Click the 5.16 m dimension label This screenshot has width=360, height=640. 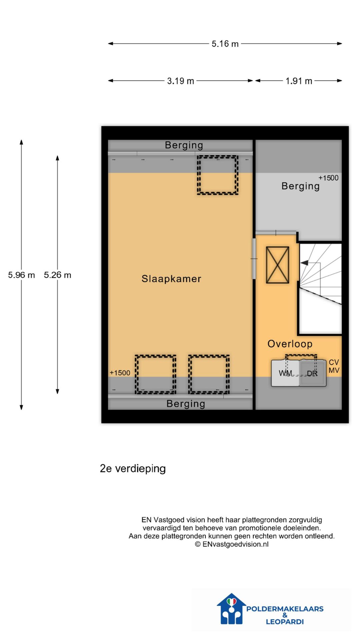(x=225, y=44)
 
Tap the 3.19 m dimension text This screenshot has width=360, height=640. (x=180, y=81)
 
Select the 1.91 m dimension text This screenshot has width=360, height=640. (x=299, y=81)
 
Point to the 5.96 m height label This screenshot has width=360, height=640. (x=21, y=275)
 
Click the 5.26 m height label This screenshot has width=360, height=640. (x=57, y=275)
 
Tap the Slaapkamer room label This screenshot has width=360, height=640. (x=171, y=279)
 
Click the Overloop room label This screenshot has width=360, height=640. (x=290, y=344)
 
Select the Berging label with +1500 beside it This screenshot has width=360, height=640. (x=300, y=186)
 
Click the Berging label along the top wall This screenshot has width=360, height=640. (x=184, y=145)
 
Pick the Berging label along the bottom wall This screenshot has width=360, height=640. (x=186, y=404)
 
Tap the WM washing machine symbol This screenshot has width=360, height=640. (x=285, y=373)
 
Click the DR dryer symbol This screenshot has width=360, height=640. (x=312, y=373)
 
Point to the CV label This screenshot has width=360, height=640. (x=334, y=362)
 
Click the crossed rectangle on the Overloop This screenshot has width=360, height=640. (x=277, y=265)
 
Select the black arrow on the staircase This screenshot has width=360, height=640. (x=304, y=263)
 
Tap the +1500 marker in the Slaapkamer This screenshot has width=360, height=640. (x=120, y=373)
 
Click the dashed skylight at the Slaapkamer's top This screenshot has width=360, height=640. (x=217, y=175)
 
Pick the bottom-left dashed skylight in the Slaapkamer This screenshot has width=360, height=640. (x=155, y=374)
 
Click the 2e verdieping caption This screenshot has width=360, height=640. (x=133, y=468)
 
